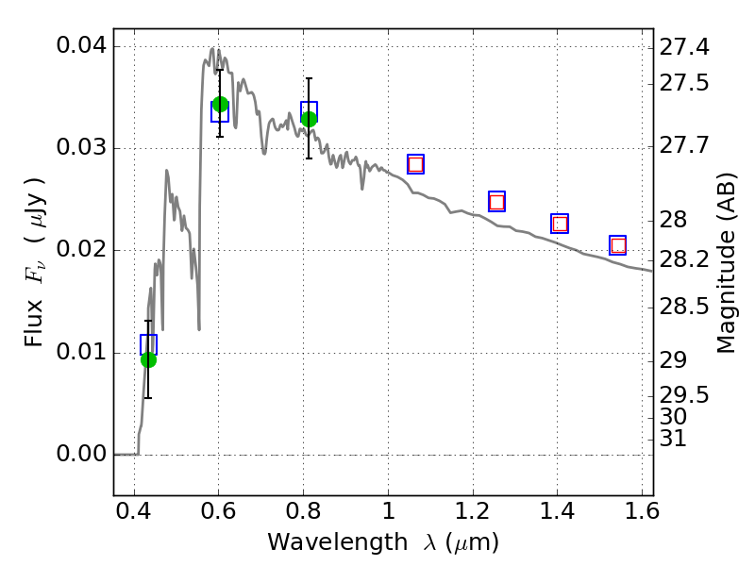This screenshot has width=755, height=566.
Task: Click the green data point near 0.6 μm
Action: click(x=220, y=104)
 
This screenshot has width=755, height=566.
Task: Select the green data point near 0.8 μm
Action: click(x=309, y=118)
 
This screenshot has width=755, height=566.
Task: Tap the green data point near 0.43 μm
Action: click(x=148, y=359)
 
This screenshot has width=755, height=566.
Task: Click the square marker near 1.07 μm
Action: click(x=415, y=164)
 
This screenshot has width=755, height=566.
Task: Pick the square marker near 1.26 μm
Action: click(x=496, y=202)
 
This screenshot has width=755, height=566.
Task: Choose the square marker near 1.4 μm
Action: click(x=560, y=224)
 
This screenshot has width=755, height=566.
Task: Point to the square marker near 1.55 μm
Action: click(x=618, y=245)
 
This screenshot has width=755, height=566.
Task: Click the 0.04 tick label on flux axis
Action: click(x=81, y=46)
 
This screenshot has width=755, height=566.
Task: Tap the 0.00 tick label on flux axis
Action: click(x=81, y=455)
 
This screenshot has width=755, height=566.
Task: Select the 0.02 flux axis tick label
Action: click(x=81, y=251)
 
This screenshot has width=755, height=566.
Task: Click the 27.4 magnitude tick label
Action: click(x=684, y=46)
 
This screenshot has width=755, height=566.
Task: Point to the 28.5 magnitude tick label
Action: click(x=684, y=307)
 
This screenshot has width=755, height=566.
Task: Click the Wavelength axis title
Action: click(x=382, y=542)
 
